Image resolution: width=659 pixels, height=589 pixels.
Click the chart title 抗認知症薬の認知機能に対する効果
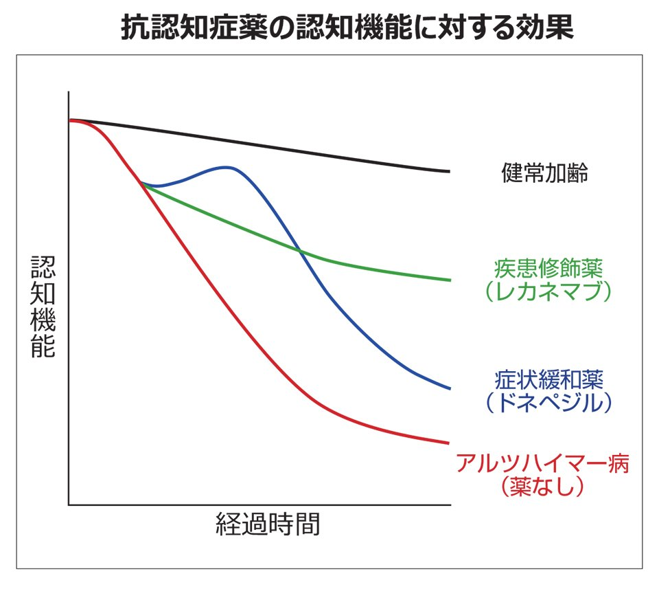[347, 27]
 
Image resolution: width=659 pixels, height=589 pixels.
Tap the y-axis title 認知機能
[43, 307]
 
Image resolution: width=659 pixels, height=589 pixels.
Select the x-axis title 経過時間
[268, 524]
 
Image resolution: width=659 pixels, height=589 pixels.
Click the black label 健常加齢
[544, 173]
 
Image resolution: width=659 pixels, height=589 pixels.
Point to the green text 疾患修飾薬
[548, 269]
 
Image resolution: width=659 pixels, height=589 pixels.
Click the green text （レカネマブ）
[548, 291]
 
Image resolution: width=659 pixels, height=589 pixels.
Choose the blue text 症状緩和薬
[549, 380]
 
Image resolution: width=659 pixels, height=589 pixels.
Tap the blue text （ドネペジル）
[549, 403]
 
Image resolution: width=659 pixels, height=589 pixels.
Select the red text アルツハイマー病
[542, 464]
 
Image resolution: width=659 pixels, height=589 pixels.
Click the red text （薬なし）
[542, 487]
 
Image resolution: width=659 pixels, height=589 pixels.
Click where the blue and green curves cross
[299, 251]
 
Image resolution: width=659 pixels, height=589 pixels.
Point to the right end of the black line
[450, 171]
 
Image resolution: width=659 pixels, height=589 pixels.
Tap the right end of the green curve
[450, 280]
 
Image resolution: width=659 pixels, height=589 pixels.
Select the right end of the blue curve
[450, 388]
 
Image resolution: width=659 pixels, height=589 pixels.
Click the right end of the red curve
[449, 443]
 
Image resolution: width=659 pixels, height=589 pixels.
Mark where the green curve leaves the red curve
[141, 183]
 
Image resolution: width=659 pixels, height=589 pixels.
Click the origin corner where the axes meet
[69, 504]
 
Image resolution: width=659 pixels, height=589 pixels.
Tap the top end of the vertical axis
[69, 91]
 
